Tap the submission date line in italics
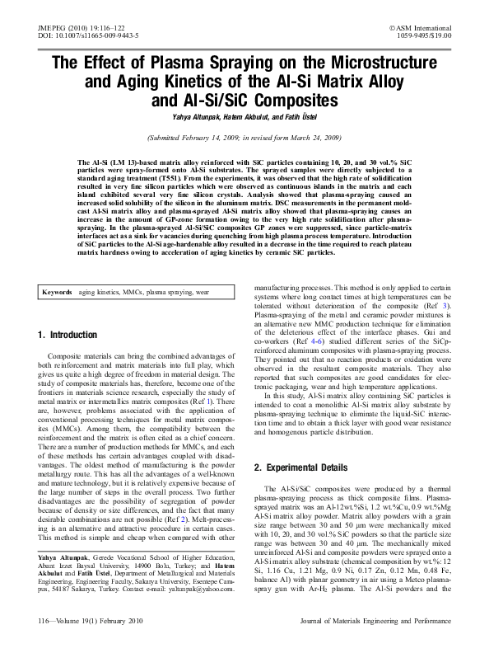tap(244, 139)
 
